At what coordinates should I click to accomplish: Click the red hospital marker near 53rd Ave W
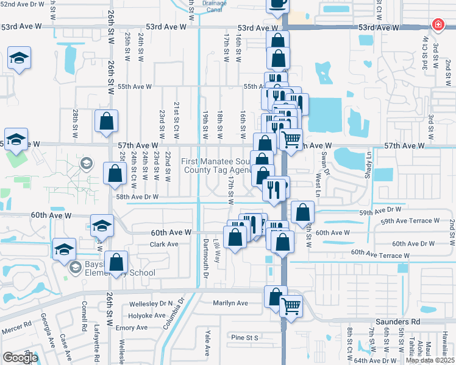pos(437,25)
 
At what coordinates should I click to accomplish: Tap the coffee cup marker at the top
pos(277,4)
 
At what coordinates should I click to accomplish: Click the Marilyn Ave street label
pos(230,303)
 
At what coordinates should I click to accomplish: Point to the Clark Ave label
pos(163,244)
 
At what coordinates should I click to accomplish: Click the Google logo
pos(20,358)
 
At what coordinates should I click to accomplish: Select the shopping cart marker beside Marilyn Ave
pos(291,305)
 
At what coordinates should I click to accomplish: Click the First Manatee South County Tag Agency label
pos(217,166)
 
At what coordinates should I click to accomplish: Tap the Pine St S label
pos(245,337)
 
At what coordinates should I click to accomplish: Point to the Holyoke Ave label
pos(147,316)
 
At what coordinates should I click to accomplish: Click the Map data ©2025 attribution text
pos(429,360)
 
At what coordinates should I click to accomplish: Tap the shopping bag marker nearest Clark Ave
pos(116,263)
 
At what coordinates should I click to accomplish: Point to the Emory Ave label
pos(133,327)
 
